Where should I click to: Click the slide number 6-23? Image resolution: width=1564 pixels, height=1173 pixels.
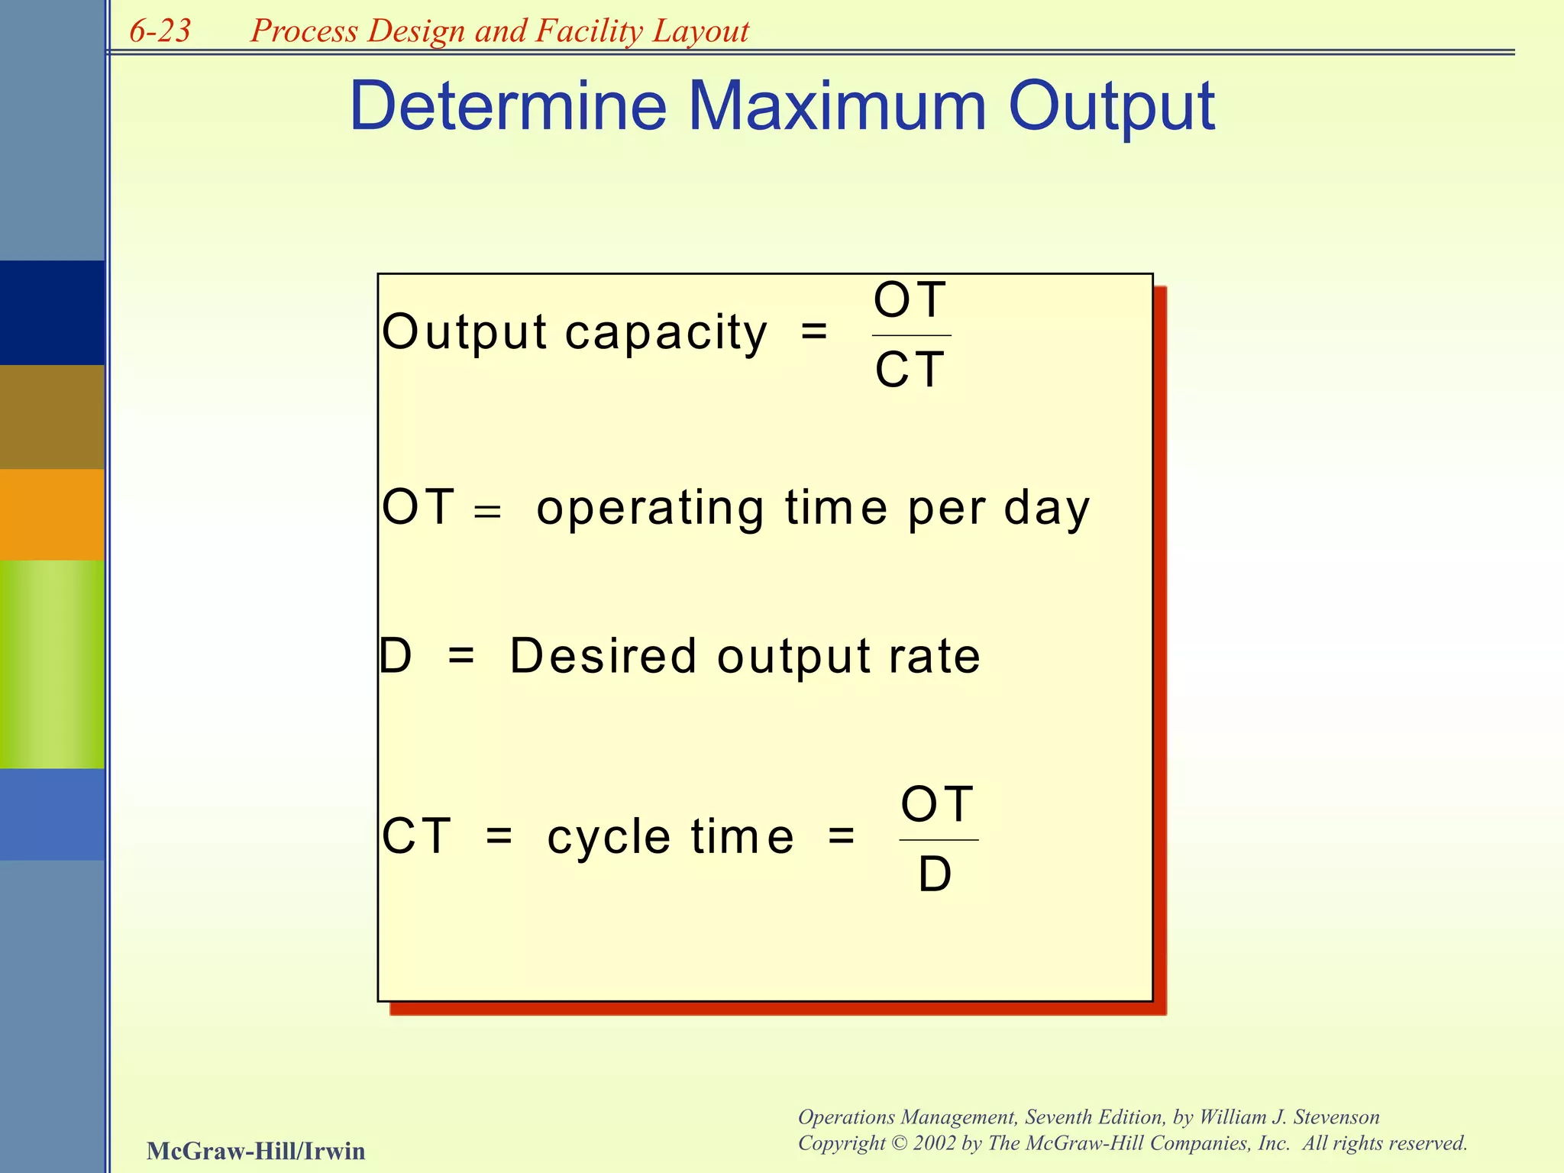[160, 31]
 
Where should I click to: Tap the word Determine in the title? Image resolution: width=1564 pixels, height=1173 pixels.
[508, 106]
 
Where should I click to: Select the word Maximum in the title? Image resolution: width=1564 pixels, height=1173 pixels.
[838, 106]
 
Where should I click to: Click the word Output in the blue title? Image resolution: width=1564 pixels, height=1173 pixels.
[1111, 106]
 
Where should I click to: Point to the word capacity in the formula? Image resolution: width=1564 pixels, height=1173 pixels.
[666, 333]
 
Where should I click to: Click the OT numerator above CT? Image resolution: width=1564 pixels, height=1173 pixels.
[910, 300]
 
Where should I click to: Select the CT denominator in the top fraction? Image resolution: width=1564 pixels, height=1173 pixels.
[910, 370]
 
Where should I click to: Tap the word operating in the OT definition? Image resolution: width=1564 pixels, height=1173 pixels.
[650, 509]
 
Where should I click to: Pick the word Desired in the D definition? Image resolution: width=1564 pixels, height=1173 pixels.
[603, 656]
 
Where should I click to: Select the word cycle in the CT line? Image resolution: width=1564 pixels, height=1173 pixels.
[609, 837]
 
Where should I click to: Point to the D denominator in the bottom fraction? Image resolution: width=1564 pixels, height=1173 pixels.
[935, 874]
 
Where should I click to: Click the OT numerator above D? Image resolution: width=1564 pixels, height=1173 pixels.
[937, 804]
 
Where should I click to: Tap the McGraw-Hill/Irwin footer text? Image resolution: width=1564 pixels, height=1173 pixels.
[256, 1151]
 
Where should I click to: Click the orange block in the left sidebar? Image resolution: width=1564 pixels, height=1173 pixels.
[52, 514]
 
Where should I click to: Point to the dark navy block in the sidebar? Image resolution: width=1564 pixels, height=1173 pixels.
[52, 312]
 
